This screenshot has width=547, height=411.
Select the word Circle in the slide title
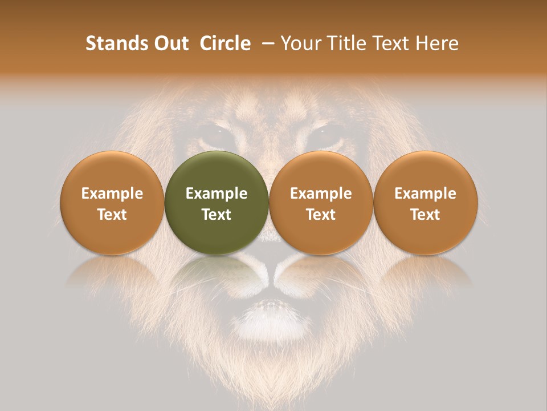(x=225, y=43)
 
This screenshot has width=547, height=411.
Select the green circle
(x=217, y=203)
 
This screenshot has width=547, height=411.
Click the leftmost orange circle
(x=112, y=203)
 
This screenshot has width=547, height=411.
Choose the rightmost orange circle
(x=426, y=203)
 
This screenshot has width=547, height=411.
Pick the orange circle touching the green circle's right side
(x=321, y=203)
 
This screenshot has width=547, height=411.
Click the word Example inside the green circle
(x=217, y=194)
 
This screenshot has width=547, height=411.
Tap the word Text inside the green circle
(x=217, y=214)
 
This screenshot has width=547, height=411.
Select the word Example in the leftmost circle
(x=112, y=194)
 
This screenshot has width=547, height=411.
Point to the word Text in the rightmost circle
(x=426, y=214)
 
